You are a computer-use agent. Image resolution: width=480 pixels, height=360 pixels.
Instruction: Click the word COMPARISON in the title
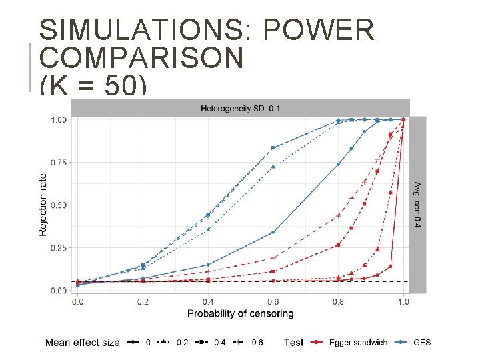[x=141, y=59]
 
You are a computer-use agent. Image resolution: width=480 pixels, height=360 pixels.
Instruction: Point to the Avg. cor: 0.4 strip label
[x=418, y=204]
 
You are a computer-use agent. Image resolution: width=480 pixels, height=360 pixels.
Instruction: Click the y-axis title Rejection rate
[x=43, y=205]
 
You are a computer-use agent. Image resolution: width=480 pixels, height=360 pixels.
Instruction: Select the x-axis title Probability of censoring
[x=240, y=313]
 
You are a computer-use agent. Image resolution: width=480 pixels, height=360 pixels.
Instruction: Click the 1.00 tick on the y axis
[x=59, y=120]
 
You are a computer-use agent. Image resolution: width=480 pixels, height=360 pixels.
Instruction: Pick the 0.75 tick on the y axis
[x=59, y=163]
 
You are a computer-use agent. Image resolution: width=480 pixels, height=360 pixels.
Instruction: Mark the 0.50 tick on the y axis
[x=59, y=205]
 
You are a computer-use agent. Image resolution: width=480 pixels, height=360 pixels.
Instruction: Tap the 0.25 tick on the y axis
[x=59, y=248]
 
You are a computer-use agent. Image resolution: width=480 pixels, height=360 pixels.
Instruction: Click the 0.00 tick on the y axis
[x=59, y=291]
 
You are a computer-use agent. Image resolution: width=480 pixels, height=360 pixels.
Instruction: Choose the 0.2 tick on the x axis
[x=143, y=302]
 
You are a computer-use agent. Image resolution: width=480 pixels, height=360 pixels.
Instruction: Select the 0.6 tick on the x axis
[x=273, y=302]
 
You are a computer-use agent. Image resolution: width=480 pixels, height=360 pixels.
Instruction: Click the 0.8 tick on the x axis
[x=338, y=302]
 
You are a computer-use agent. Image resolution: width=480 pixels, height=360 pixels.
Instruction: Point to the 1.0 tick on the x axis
[x=403, y=302]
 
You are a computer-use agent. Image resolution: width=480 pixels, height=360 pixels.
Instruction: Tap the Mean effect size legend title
[x=82, y=343]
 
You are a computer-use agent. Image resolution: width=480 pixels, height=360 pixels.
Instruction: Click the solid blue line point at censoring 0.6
[x=273, y=232]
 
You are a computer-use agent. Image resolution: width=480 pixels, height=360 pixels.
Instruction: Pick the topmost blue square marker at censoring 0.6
[x=273, y=147]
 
